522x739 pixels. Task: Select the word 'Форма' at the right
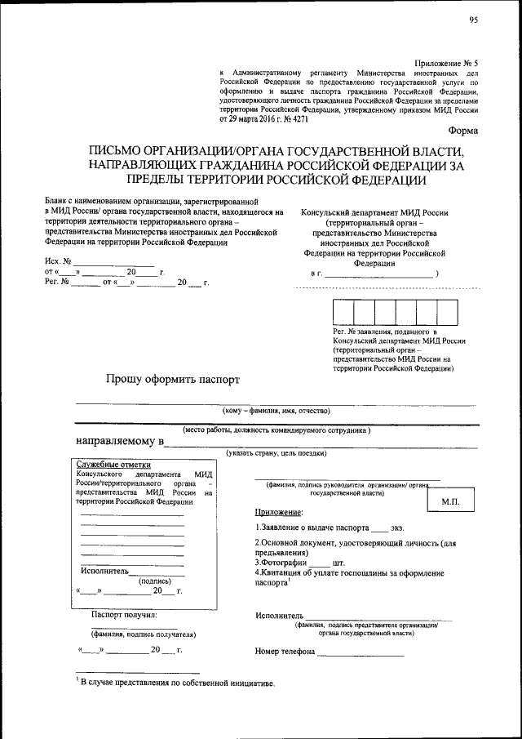coord(464,131)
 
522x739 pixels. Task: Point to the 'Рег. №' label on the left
coord(55,283)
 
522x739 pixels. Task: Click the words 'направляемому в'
coord(120,442)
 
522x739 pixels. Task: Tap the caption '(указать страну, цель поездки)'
coord(276,453)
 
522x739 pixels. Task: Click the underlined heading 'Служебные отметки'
coord(108,464)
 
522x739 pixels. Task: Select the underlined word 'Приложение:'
coord(278,512)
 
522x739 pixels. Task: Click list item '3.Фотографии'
coord(281,563)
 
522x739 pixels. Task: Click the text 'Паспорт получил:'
coord(124,614)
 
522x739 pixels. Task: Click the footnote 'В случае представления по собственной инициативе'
coord(178,682)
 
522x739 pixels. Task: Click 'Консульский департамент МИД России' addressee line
coord(374,212)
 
